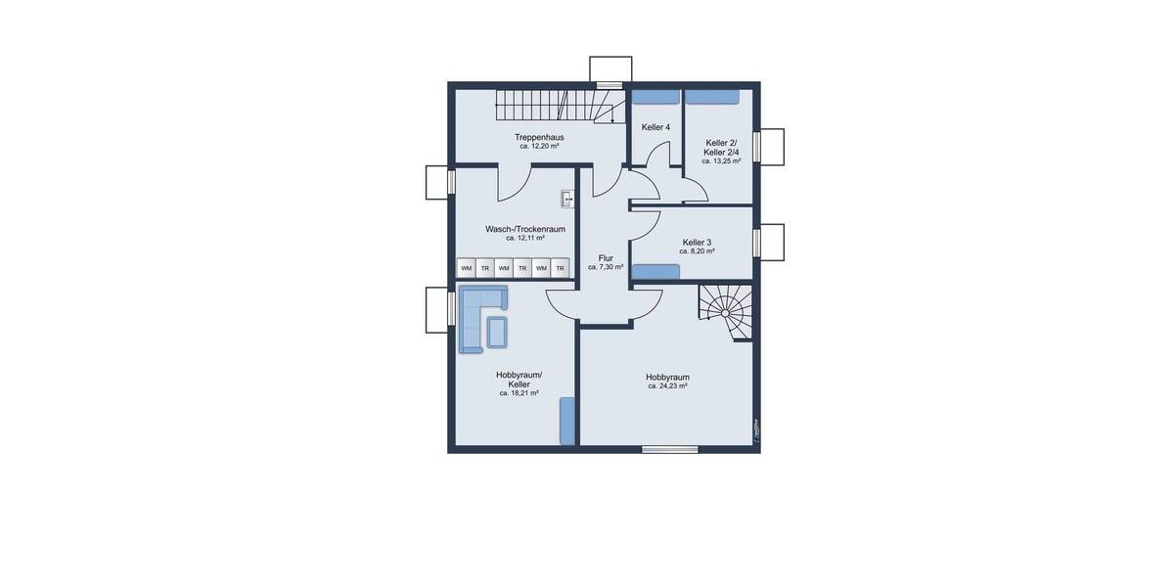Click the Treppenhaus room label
[539, 137]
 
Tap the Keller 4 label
[655, 127]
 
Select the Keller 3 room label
[697, 242]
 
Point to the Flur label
[606, 258]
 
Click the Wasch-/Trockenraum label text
[525, 229]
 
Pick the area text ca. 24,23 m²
[668, 386]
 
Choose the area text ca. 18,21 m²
[519, 393]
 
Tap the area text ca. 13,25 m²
[721, 161]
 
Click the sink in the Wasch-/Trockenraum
[568, 199]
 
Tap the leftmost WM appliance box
[467, 268]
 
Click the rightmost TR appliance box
[560, 268]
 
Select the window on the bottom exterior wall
[670, 449]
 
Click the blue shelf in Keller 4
[655, 96]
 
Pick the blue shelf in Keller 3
[656, 265]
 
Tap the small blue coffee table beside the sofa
[497, 331]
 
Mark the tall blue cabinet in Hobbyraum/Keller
[566, 421]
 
